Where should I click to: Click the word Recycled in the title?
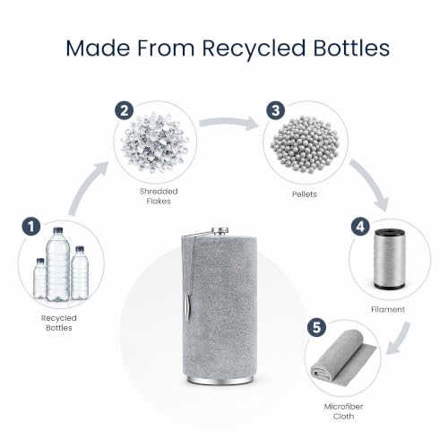click(254, 48)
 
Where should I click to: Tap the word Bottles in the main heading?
click(351, 47)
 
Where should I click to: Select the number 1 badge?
click(31, 226)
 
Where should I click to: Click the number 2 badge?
click(125, 111)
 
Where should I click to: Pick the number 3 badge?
click(275, 110)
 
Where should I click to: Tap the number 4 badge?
click(360, 227)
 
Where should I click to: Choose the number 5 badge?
click(317, 327)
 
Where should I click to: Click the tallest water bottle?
click(58, 264)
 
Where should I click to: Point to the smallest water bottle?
click(39, 279)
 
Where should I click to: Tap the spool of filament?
click(390, 259)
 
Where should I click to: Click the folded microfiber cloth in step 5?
click(343, 355)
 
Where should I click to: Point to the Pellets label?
click(305, 194)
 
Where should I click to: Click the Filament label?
click(388, 309)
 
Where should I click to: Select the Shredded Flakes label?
click(159, 196)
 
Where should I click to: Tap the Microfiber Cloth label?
click(343, 411)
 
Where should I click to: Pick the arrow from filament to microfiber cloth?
click(400, 339)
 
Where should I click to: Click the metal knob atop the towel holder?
click(220, 230)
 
